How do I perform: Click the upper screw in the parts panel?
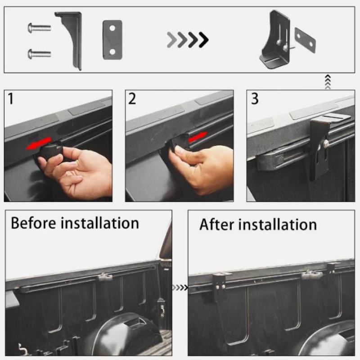39,28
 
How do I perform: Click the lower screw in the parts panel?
39,54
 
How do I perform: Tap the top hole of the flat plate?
112,28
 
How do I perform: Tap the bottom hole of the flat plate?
112,52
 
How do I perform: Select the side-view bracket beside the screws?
71,39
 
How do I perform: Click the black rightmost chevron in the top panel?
204,40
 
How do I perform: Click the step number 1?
10,99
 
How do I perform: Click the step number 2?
132,99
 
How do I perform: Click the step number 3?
255,99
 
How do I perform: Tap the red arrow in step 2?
198,137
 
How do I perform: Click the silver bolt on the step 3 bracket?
326,144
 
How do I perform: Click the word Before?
33,223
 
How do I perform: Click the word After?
217,224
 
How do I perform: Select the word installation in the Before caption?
99,223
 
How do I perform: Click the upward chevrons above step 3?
328,82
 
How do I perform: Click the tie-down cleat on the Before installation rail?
105,277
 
